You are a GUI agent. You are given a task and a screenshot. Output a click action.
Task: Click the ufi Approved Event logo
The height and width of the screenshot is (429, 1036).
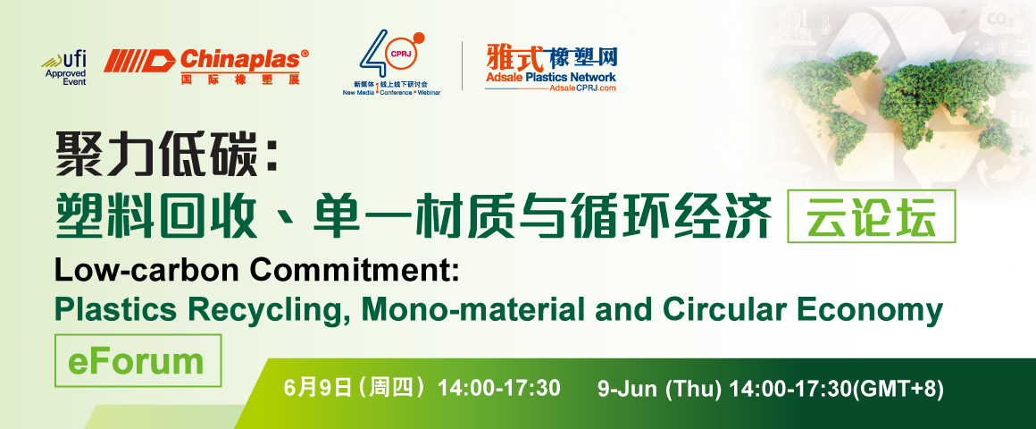tap(64, 68)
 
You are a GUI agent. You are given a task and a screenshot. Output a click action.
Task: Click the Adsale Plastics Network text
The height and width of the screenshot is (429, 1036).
tap(550, 78)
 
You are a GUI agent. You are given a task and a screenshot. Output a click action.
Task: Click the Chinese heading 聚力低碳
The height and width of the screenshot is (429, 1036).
tap(164, 154)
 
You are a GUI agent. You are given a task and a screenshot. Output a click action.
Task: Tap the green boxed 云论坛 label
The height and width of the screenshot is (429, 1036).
tap(872, 216)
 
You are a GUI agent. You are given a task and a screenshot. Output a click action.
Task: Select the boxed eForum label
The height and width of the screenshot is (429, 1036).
tap(138, 361)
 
